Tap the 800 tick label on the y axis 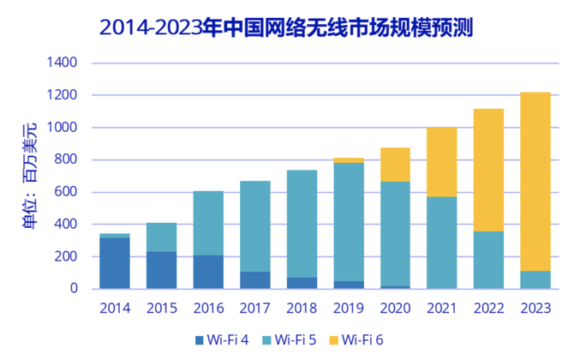(64, 160)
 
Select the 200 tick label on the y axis (64, 257)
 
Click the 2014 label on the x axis (114, 307)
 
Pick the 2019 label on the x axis (349, 307)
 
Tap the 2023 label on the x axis (535, 307)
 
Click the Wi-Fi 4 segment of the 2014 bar (114, 263)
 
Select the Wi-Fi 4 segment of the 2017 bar (254, 280)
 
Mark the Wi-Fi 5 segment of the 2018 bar (302, 224)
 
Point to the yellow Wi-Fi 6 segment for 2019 (349, 160)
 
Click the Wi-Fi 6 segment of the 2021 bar (442, 162)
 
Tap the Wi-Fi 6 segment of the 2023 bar (535, 181)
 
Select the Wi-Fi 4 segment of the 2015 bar (161, 270)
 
